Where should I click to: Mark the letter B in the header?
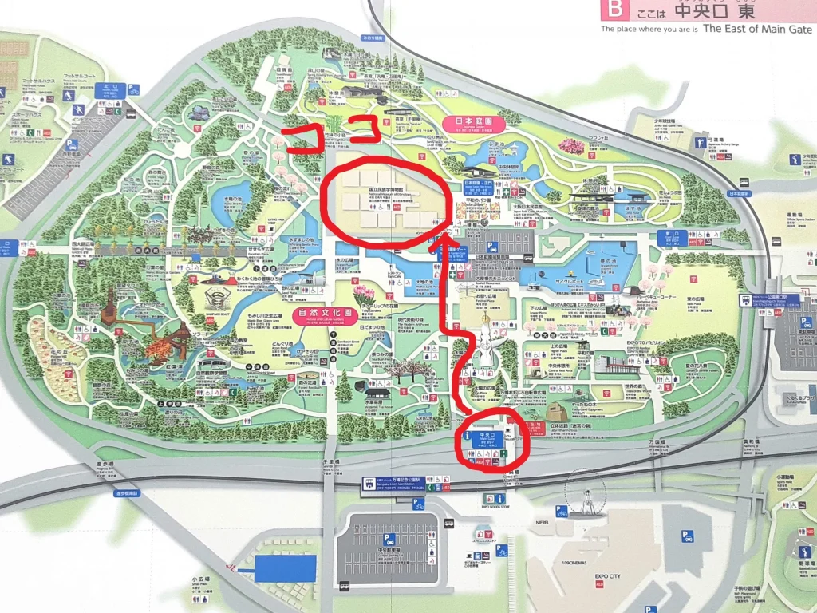pyautogui.click(x=614, y=10)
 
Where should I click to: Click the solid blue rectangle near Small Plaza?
pyautogui.click(x=286, y=568)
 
